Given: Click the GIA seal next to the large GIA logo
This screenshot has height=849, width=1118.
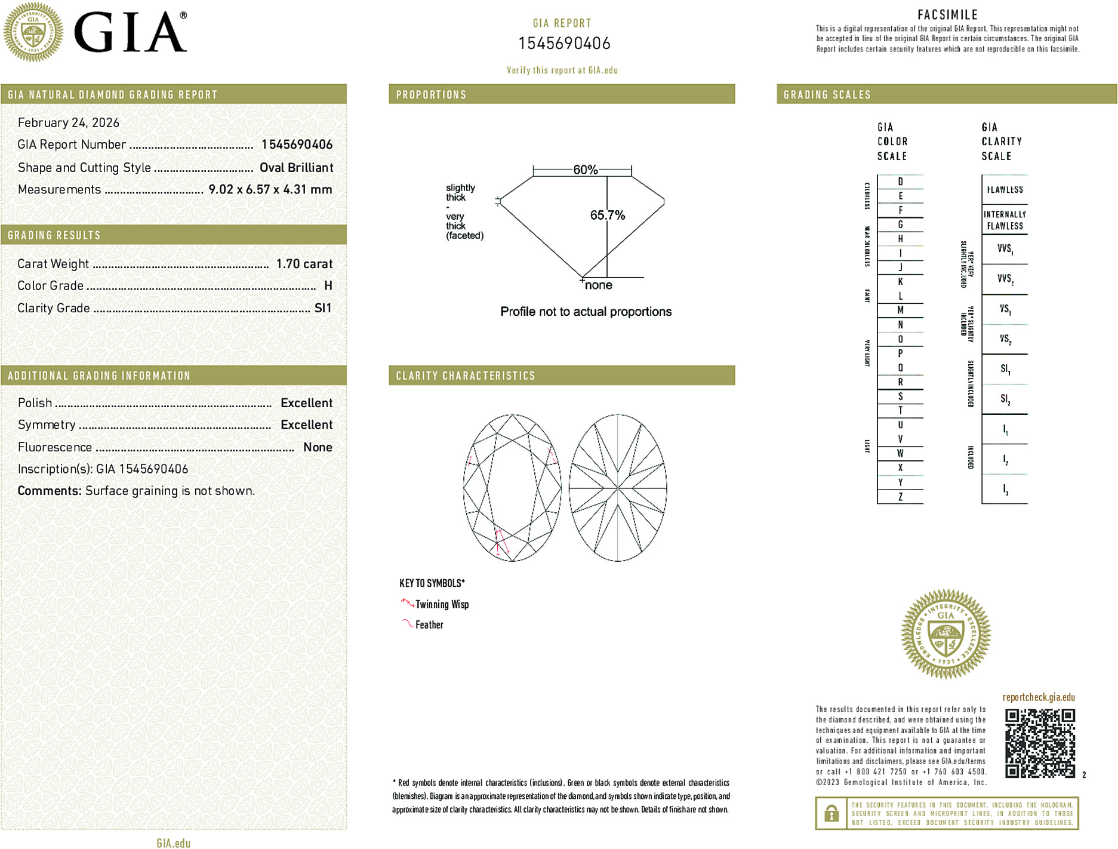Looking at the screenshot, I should click(x=33, y=32).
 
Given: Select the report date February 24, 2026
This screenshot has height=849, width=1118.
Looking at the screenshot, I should click(x=69, y=123).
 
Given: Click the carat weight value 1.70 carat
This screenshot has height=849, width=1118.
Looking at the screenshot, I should click(x=304, y=264).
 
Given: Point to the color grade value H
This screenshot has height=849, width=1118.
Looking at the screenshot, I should click(x=328, y=286).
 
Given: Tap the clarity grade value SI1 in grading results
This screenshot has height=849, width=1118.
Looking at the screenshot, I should click(x=322, y=308).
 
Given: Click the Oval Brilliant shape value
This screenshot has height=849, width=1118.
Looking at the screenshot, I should click(x=296, y=168).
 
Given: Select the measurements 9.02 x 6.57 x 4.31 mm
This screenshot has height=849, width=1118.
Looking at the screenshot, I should click(x=270, y=190).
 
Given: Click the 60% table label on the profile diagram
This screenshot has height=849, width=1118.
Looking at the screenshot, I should click(x=585, y=170).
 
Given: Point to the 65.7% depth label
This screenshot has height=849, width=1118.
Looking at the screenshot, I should click(x=607, y=215).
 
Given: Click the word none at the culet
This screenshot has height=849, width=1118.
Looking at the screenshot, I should click(x=598, y=285).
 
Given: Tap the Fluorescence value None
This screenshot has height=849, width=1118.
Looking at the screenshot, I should click(x=318, y=447).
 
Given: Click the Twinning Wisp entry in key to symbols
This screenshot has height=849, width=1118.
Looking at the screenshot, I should click(x=442, y=604).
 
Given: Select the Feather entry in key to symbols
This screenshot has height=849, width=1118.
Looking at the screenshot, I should click(x=429, y=625).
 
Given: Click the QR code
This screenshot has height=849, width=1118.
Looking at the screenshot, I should click(x=1039, y=743).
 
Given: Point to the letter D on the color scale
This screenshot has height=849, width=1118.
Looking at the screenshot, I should click(x=900, y=182).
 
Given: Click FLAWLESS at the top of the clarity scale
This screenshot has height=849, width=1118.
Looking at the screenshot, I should click(x=1005, y=190).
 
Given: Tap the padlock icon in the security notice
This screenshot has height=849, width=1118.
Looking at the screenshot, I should click(x=831, y=813).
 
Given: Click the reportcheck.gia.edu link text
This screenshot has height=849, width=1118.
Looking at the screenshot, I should click(x=1039, y=697).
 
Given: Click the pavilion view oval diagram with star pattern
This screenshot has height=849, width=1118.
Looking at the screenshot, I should click(x=618, y=488).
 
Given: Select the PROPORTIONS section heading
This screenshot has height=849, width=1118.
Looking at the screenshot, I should click(x=431, y=95).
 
